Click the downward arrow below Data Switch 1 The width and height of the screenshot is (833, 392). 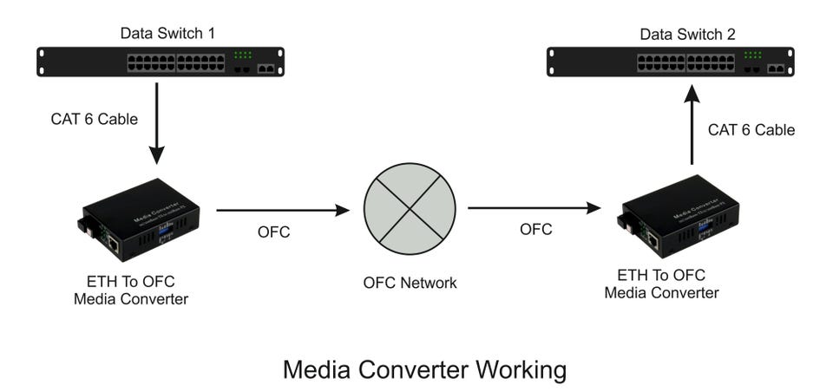[157, 121]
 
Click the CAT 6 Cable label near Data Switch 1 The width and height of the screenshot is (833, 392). [94, 120]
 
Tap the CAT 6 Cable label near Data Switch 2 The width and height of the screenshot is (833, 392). [751, 130]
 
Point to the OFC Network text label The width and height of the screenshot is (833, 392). [410, 283]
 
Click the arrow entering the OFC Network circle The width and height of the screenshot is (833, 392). [282, 210]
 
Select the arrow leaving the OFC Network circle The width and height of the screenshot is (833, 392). [535, 208]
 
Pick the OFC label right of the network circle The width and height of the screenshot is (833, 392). [535, 230]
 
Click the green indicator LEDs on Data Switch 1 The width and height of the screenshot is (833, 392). [241, 55]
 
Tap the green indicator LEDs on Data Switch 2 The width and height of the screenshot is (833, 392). [752, 55]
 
